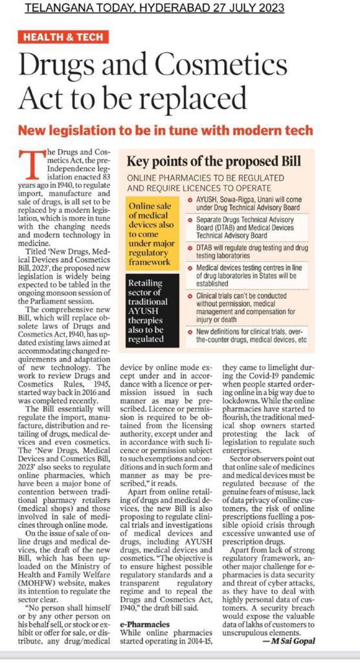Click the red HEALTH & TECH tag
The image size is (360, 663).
click(x=63, y=36)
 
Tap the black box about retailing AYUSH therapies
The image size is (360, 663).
click(x=149, y=306)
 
